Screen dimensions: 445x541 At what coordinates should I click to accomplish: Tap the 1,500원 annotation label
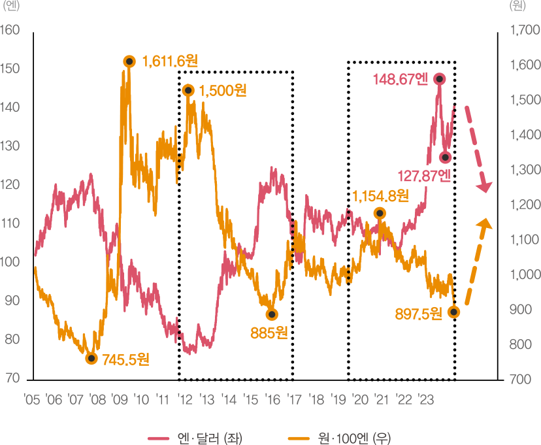(x=222, y=90)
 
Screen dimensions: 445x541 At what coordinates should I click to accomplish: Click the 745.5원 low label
(x=125, y=359)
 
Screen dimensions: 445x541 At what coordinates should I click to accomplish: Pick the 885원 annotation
(x=269, y=333)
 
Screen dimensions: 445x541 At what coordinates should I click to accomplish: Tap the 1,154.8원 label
(x=380, y=195)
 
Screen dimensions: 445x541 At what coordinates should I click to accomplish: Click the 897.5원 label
(x=419, y=314)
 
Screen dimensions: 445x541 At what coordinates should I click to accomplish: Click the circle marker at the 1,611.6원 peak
(x=129, y=61)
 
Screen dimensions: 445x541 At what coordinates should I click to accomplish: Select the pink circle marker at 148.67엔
(x=439, y=78)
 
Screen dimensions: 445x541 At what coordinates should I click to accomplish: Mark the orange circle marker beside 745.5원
(x=92, y=358)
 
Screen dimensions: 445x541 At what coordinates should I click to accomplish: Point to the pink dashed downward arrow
(x=478, y=147)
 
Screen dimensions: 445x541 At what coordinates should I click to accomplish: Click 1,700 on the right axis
(x=524, y=30)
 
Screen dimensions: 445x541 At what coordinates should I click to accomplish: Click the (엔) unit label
(x=12, y=7)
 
